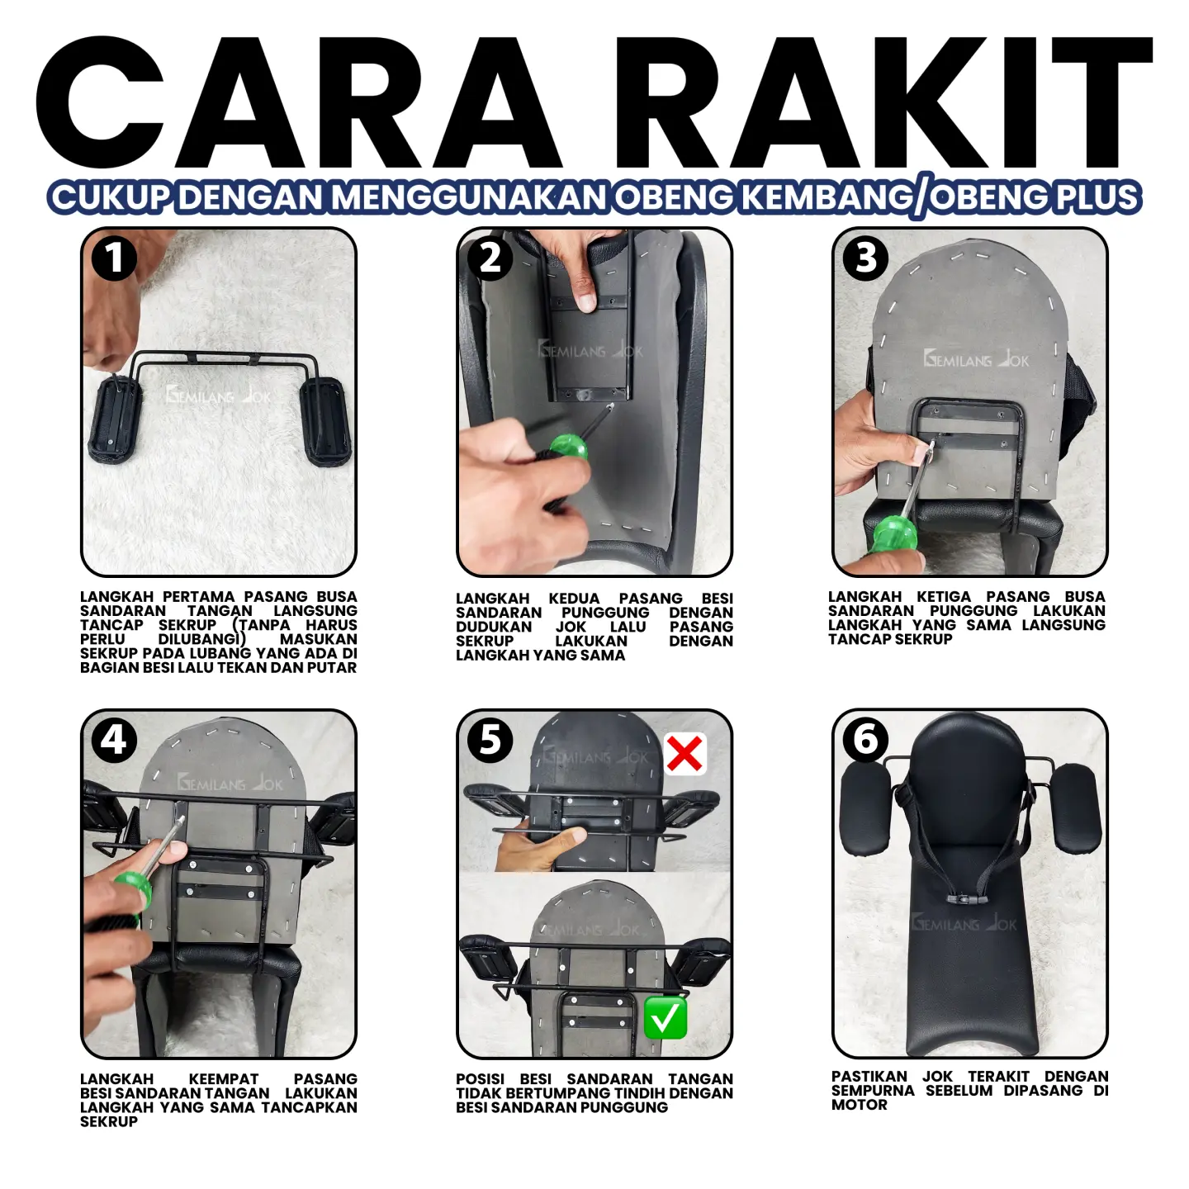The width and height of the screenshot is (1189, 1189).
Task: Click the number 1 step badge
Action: pyautogui.click(x=114, y=258)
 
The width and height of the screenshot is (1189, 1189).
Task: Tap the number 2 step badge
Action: pyautogui.click(x=490, y=258)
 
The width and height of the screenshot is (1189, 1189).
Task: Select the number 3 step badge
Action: pyautogui.click(x=865, y=258)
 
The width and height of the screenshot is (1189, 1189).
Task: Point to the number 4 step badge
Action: pyautogui.click(x=114, y=740)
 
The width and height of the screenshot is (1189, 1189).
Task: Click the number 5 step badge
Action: pyautogui.click(x=490, y=740)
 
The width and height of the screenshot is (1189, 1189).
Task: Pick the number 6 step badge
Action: pyautogui.click(x=865, y=740)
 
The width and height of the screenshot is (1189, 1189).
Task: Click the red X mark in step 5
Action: pyautogui.click(x=685, y=753)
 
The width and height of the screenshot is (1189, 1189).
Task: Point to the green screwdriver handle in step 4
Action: pyautogui.click(x=132, y=890)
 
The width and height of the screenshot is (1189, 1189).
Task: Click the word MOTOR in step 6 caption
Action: pyautogui.click(x=859, y=1104)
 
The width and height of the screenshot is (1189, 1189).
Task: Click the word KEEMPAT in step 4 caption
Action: pyautogui.click(x=224, y=1078)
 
